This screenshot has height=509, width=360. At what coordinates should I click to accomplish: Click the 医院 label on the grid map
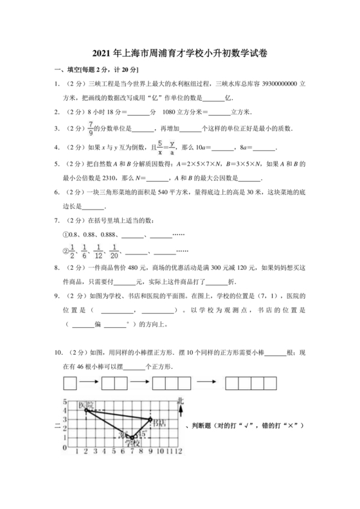click(x=87, y=405)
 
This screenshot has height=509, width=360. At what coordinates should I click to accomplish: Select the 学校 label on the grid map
click(x=133, y=443)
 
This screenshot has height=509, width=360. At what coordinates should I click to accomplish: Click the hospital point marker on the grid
click(x=86, y=410)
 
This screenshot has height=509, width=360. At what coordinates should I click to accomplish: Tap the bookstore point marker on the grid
click(x=150, y=419)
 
